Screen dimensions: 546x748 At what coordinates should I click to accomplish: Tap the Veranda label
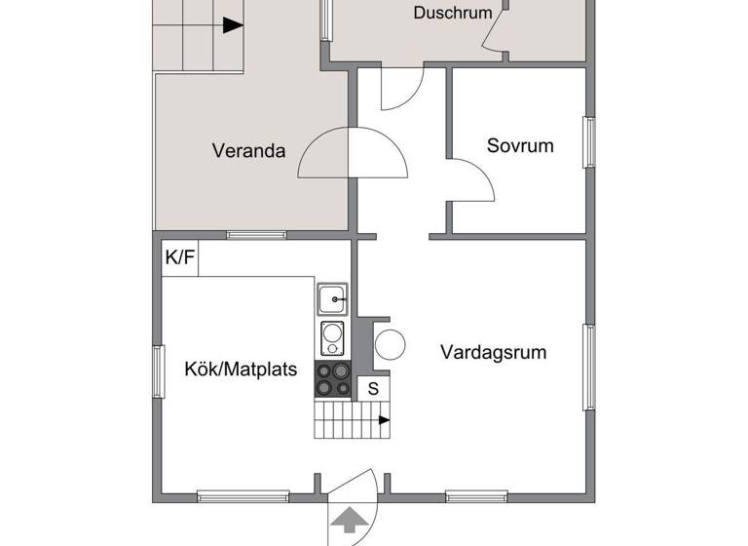pos(248,151)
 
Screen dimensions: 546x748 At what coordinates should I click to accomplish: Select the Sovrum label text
pos(520,146)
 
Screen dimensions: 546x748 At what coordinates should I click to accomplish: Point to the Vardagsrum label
pos(492,352)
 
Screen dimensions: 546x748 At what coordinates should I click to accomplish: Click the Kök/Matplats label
pos(241,370)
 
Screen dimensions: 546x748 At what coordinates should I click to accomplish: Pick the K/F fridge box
pos(179,258)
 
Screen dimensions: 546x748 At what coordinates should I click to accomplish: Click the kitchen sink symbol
pos(332,295)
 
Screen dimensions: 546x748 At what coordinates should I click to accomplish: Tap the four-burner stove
pos(332,379)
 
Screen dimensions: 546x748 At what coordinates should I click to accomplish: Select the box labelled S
pos(372,388)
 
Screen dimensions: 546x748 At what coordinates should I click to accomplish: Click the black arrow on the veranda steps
pos(232,26)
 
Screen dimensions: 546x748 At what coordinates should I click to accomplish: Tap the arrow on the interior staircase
pos(384,421)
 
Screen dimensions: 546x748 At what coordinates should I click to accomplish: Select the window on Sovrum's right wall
pos(588,142)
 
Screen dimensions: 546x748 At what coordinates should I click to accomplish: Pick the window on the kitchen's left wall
pos(157,370)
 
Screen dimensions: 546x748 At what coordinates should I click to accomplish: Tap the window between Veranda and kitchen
pos(256,234)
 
